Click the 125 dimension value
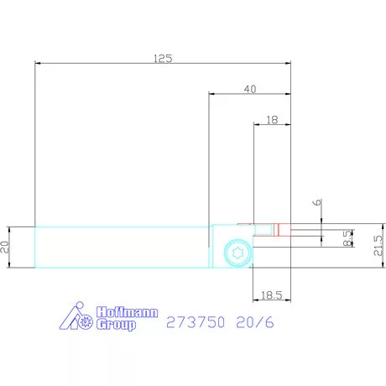pos(163,59)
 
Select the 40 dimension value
pos(250,89)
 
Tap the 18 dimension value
pos(272,120)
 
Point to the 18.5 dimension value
pos(272,295)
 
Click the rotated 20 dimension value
pos(5,248)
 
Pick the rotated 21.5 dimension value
pos(378,245)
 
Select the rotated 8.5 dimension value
pos(347,238)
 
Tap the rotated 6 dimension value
pos(317,202)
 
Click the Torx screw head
pos(238,253)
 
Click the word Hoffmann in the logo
pos(128,312)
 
